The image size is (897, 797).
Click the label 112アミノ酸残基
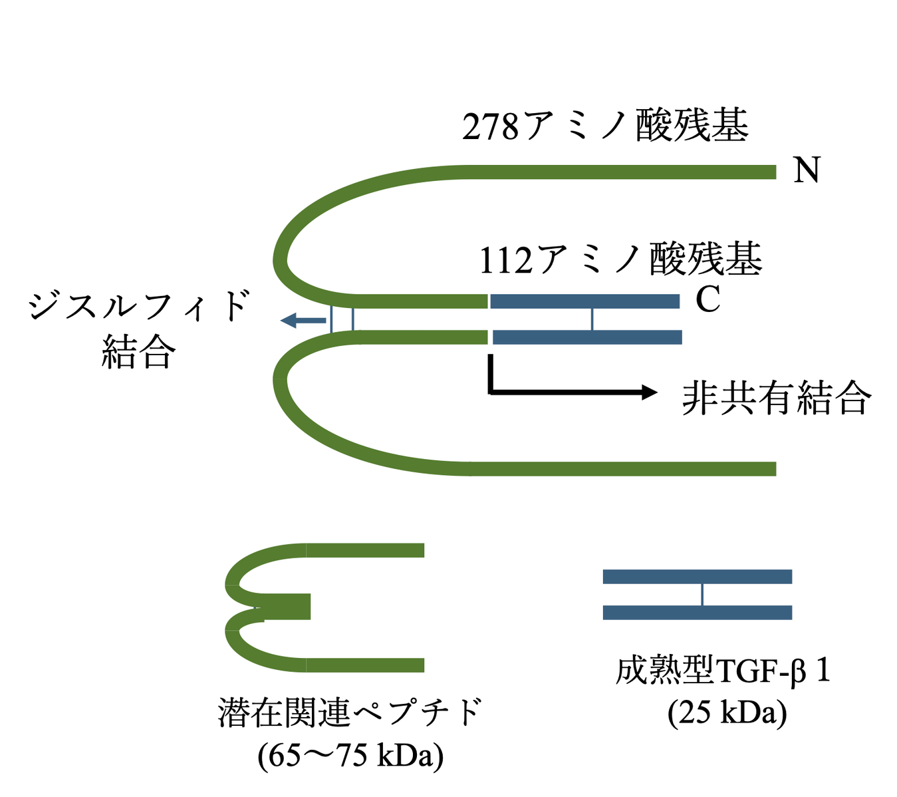point(620,259)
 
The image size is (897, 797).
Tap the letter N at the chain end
point(807,170)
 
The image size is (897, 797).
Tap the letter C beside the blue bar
point(707,300)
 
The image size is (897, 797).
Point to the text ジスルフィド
point(138,307)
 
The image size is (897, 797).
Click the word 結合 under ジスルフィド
point(138,352)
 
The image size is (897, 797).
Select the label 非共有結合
point(776,398)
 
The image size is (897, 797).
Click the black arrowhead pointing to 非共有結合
point(648,393)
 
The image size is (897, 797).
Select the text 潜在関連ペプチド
point(350,713)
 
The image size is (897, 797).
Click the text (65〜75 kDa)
point(350,755)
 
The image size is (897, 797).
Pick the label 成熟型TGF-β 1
point(723,671)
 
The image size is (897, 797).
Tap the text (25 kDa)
point(727,713)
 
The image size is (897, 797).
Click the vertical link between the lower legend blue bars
point(702,594)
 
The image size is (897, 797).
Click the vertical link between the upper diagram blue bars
point(592,319)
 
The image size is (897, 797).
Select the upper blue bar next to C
point(585,301)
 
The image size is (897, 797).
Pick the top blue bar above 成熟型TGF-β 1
point(697,576)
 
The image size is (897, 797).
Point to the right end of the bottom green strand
point(771,468)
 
